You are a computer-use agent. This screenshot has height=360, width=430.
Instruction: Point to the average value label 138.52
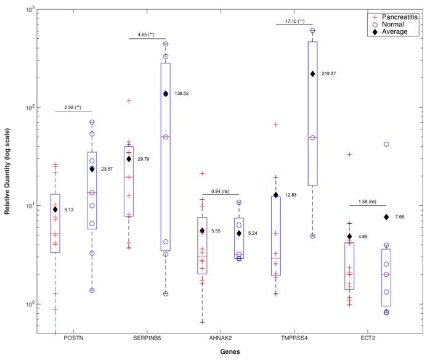pyautogui.click(x=184, y=94)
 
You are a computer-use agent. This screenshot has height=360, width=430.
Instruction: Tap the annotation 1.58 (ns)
pyautogui.click(x=368, y=202)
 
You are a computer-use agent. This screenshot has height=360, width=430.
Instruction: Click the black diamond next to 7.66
pyautogui.click(x=386, y=217)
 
